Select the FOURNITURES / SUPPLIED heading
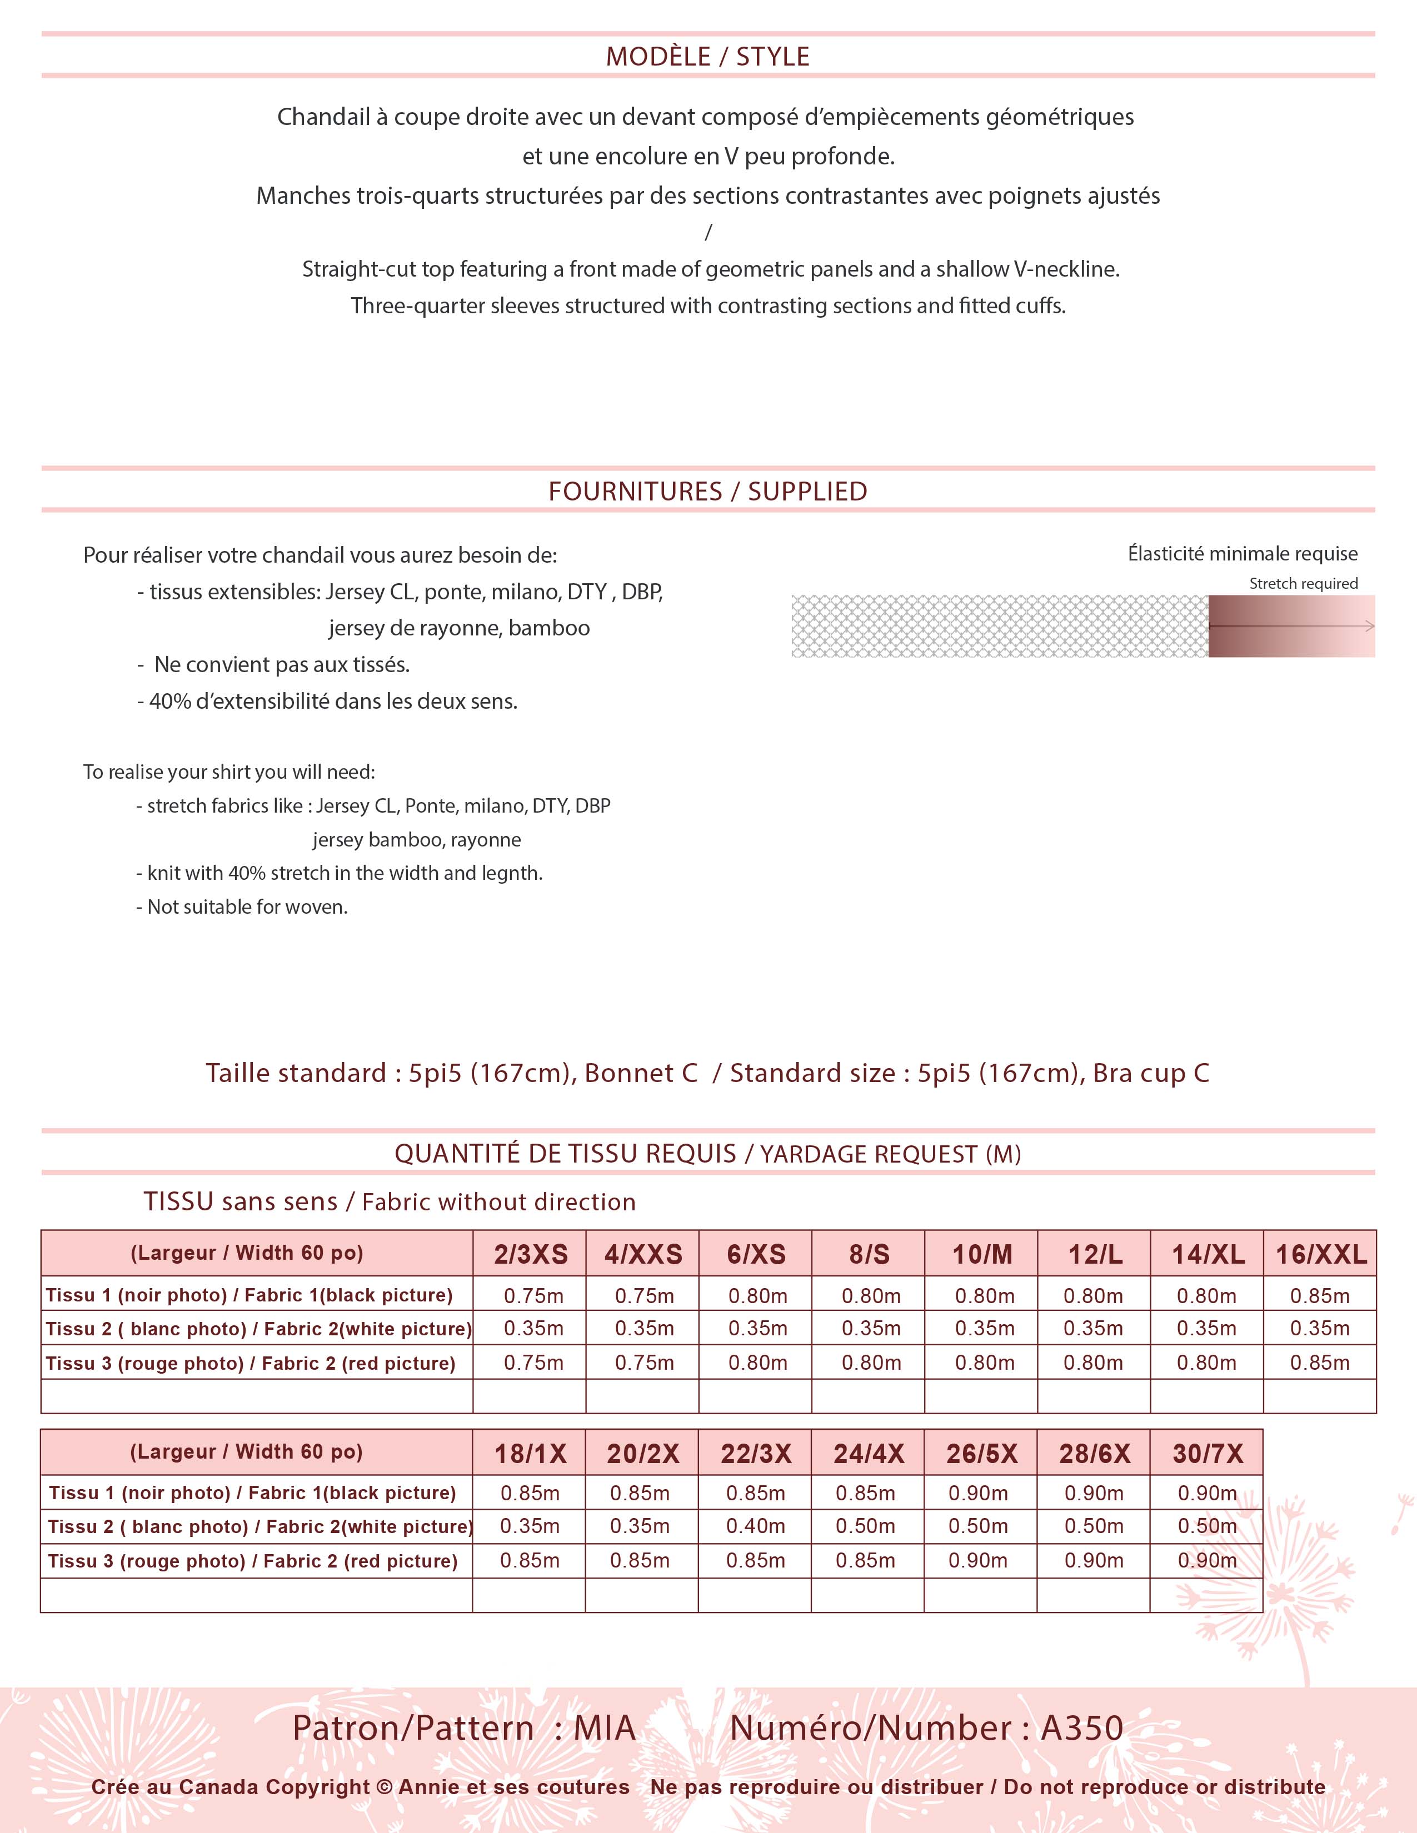707,491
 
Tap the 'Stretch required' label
1303,583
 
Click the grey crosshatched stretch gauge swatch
999,626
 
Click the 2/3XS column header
531,1254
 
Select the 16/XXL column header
1320,1254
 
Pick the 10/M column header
981,1254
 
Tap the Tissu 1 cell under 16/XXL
1320,1296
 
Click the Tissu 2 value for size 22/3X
756,1526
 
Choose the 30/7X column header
1207,1453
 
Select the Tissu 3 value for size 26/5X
978,1560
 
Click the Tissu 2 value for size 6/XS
757,1329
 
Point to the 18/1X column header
530,1453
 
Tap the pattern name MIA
605,1728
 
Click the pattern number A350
1081,1728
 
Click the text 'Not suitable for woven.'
247,907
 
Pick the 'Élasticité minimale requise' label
1243,554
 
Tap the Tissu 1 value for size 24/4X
865,1493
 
